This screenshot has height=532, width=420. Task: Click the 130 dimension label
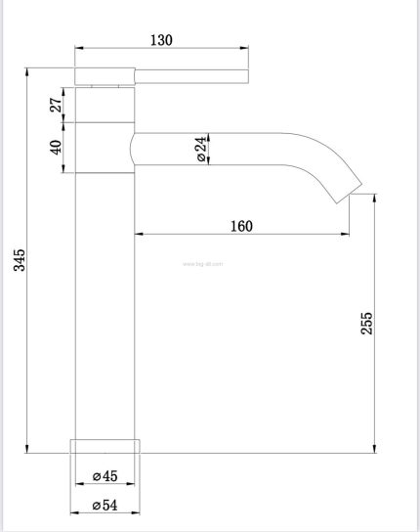pos(161,40)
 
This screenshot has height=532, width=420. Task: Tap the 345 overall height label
pos(20,260)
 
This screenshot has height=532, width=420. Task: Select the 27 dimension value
pos(57,105)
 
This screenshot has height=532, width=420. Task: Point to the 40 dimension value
pos(57,148)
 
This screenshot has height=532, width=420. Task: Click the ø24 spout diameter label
pos(200,150)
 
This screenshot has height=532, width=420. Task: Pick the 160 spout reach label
pos(241,226)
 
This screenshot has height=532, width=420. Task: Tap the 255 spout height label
pos(366,324)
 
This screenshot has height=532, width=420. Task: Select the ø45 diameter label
pos(105,476)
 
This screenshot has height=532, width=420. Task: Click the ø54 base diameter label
pos(105,506)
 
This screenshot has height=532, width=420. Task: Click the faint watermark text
pos(203,264)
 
